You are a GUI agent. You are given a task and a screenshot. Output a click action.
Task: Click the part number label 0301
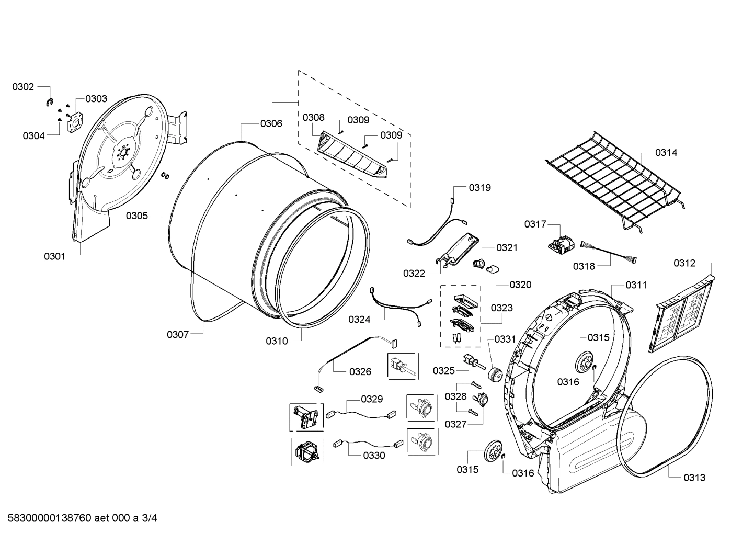click(54, 256)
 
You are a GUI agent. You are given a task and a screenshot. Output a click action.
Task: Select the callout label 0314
click(666, 153)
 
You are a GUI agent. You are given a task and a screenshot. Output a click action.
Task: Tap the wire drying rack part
click(612, 178)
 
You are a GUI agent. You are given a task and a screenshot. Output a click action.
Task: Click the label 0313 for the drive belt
click(694, 477)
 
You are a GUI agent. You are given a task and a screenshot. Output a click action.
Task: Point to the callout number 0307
click(178, 334)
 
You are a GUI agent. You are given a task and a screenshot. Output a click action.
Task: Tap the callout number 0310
click(277, 341)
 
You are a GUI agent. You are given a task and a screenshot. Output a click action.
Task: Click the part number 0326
click(360, 371)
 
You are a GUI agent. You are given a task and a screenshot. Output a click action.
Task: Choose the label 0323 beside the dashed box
click(502, 308)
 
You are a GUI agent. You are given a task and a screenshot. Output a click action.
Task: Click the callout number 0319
click(479, 187)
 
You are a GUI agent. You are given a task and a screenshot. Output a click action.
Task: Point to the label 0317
click(535, 224)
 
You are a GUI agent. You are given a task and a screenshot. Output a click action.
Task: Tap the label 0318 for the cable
click(584, 266)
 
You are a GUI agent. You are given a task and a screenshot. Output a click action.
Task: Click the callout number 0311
click(636, 285)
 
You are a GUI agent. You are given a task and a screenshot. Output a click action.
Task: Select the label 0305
click(136, 215)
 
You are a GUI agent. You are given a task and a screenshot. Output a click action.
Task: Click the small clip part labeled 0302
click(50, 102)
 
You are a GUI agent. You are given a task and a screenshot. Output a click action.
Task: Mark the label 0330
click(374, 455)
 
